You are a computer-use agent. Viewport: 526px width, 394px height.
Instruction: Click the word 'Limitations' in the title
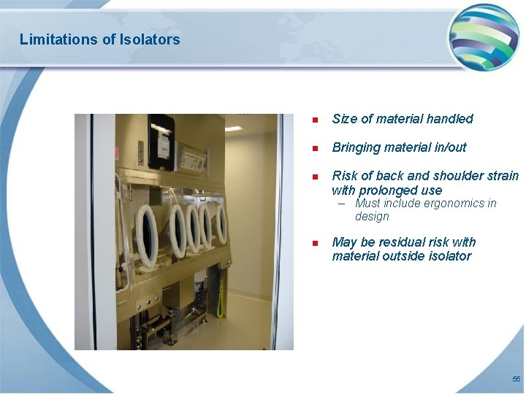pyautogui.click(x=53, y=39)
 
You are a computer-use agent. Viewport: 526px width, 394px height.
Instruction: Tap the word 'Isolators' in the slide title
pyautogui.click(x=149, y=39)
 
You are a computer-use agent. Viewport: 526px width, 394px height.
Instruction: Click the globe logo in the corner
pyautogui.click(x=483, y=36)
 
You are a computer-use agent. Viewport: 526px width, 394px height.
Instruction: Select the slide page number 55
pyautogui.click(x=517, y=379)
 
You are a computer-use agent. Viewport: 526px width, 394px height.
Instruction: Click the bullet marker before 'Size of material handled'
pyautogui.click(x=314, y=120)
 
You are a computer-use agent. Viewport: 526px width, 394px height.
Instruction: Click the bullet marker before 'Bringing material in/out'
pyautogui.click(x=314, y=148)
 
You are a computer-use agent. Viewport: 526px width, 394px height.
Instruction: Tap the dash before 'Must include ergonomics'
pyautogui.click(x=342, y=204)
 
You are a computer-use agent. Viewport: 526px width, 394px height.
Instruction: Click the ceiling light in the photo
pyautogui.click(x=234, y=128)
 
